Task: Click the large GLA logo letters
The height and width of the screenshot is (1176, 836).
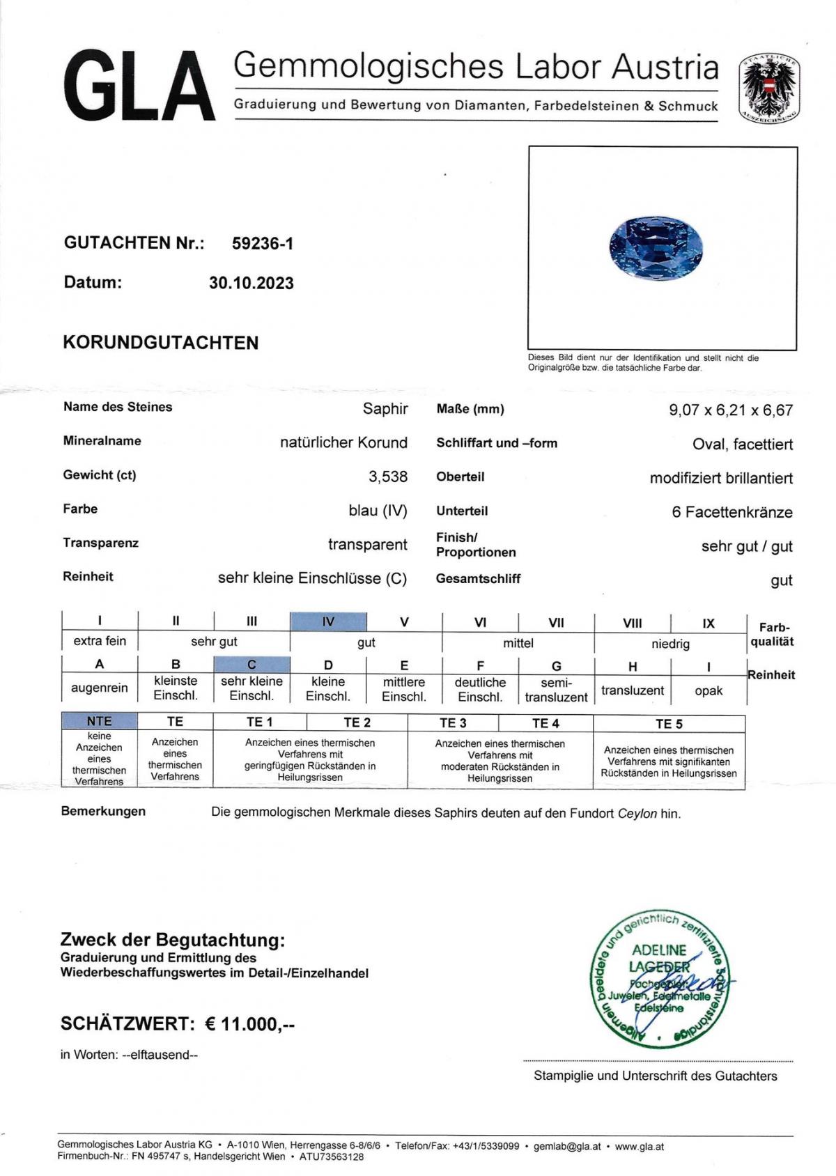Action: point(139,87)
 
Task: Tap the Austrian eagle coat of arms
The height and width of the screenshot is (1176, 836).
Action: point(768,88)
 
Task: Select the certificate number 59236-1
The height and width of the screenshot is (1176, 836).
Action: point(263,243)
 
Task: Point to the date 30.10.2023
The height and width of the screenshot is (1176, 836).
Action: point(251,283)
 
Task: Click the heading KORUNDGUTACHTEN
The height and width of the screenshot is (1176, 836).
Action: point(161,343)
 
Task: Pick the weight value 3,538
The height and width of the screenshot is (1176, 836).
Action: point(388,477)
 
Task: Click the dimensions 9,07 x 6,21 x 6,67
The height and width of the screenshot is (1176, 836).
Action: point(731,410)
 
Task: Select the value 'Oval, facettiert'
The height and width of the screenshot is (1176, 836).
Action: point(743,444)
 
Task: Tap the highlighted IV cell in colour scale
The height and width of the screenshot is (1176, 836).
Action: point(328,621)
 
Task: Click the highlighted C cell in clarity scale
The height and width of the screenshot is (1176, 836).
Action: point(251,665)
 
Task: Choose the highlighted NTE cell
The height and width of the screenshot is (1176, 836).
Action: point(99,721)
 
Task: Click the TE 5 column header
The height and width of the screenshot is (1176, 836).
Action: point(669,724)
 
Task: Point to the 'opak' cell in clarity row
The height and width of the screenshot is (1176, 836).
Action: point(709,690)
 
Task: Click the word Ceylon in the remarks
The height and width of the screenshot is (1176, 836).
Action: point(637,814)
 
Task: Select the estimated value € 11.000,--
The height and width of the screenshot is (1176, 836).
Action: point(249,1024)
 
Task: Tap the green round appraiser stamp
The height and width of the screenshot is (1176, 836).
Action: point(658,979)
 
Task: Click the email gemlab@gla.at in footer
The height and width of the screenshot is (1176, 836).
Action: point(566,1146)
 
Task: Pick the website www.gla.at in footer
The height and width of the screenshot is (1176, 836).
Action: point(640,1146)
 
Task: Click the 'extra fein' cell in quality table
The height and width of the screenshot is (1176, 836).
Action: point(100,641)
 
